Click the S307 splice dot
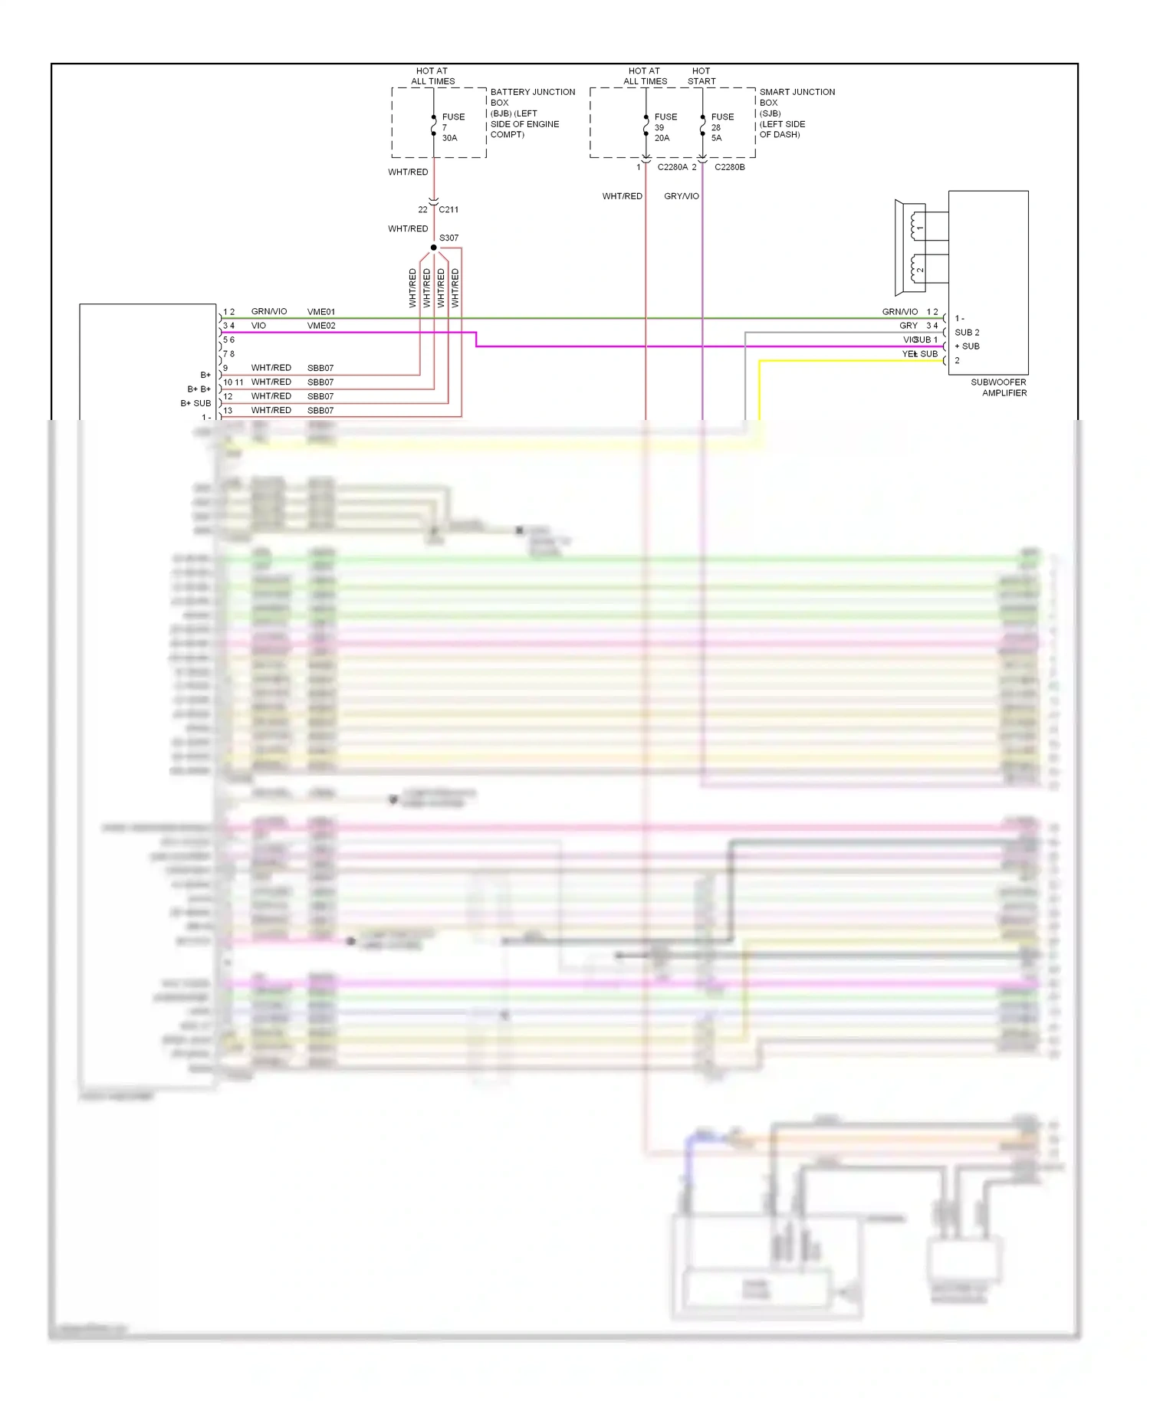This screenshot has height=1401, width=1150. tap(433, 248)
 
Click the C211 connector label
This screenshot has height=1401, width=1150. tap(449, 209)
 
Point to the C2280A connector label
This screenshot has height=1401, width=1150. tap(672, 167)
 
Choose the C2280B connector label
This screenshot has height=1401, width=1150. tap(729, 167)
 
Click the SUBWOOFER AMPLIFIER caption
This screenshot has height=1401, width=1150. tap(998, 387)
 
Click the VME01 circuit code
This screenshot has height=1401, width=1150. tap(321, 312)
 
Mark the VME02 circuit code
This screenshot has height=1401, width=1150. tap(321, 326)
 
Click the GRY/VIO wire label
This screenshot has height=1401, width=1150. tap(682, 196)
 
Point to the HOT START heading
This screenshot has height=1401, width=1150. tap(701, 76)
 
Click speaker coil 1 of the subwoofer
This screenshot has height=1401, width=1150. tap(915, 226)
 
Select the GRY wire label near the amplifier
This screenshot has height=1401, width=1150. tap(909, 326)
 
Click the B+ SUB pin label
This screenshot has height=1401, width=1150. tap(195, 403)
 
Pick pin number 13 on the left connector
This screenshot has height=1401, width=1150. tap(228, 411)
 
